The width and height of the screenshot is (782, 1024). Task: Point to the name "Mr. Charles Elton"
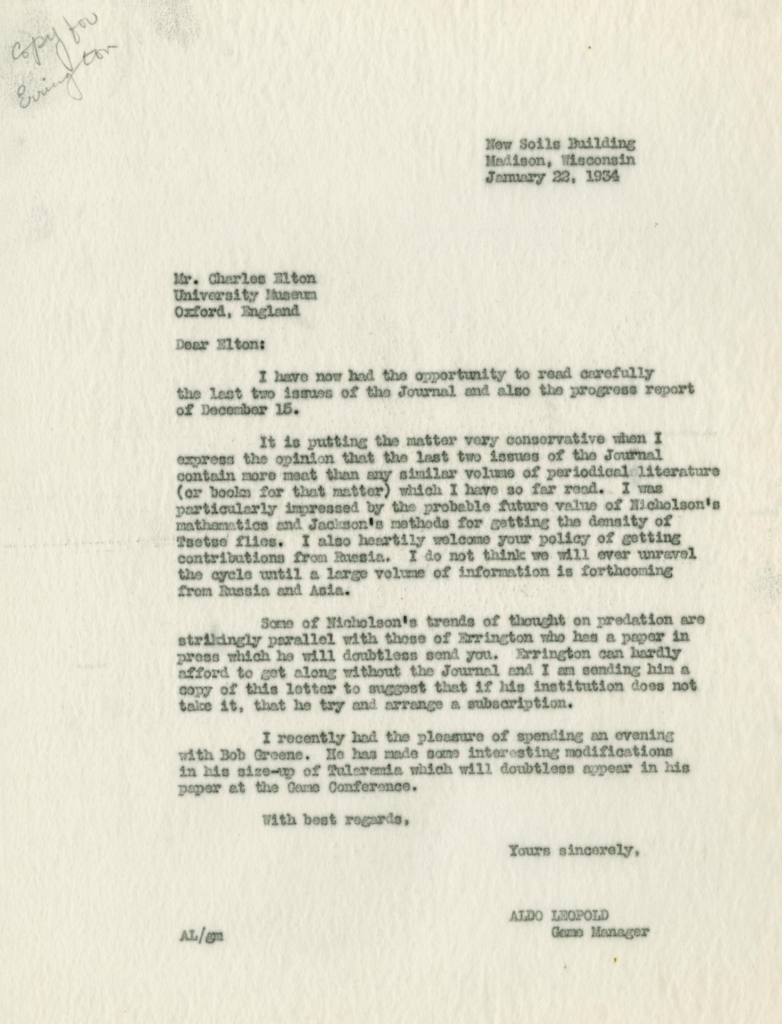click(245, 278)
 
